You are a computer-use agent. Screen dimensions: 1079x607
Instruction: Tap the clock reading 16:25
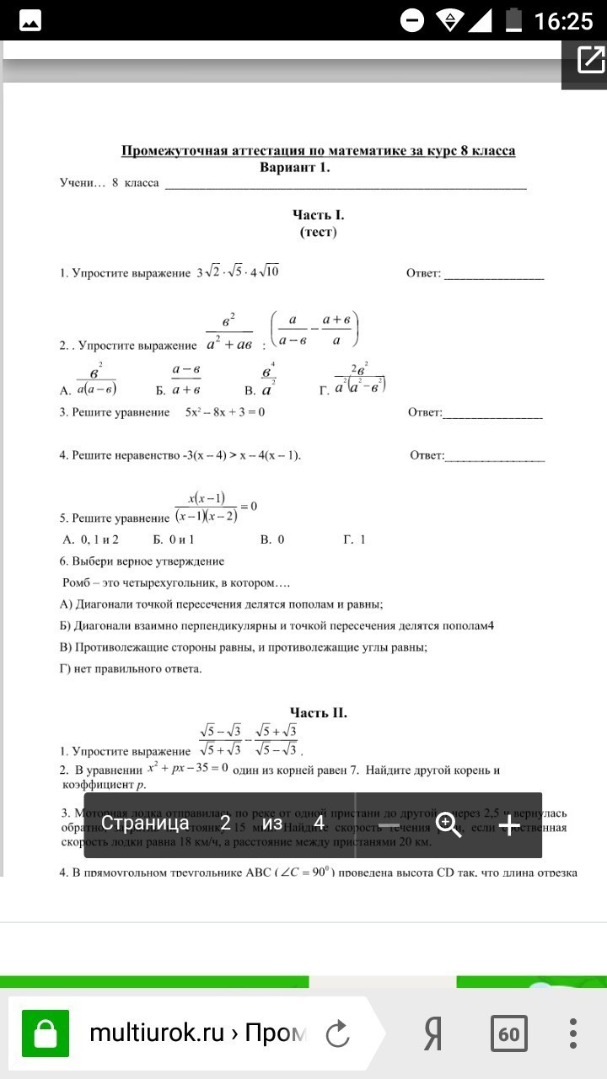click(563, 20)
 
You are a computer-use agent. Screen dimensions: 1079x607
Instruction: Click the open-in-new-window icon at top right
click(590, 60)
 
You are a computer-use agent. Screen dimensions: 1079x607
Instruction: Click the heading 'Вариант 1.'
click(295, 167)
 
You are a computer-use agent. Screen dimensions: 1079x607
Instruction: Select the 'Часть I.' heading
click(318, 216)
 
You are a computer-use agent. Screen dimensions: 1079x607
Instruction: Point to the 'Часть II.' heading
click(318, 713)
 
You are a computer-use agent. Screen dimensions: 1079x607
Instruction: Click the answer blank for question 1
click(494, 275)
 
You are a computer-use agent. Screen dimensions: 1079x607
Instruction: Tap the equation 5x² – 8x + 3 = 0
click(225, 412)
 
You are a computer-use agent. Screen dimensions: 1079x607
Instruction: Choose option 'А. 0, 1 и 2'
click(90, 539)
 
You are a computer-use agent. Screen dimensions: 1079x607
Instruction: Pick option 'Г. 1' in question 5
click(354, 539)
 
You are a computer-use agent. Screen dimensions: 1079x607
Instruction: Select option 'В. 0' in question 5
click(271, 539)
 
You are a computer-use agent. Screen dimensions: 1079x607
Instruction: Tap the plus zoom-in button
click(509, 824)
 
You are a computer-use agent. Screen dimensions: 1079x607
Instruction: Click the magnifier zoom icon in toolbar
click(449, 824)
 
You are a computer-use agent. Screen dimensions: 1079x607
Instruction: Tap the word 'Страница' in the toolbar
click(145, 824)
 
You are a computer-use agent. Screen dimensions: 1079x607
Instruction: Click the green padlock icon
click(45, 1033)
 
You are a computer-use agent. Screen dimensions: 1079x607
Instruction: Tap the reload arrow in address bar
click(337, 1033)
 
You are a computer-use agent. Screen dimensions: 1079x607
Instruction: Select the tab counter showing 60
click(508, 1033)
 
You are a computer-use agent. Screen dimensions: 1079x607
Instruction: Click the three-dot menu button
click(574, 1033)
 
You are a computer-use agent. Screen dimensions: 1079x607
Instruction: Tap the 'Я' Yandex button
click(432, 1033)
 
